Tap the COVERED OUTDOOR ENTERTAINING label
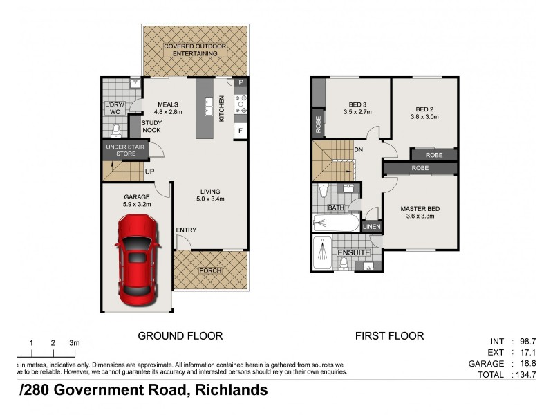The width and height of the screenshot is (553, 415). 194,50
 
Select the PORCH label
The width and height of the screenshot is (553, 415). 209,270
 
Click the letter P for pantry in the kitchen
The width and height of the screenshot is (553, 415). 241,83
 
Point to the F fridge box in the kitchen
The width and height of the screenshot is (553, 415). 241,130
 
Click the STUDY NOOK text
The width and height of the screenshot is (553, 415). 151,127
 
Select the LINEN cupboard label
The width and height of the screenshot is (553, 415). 371,226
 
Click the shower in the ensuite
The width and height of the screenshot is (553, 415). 322,253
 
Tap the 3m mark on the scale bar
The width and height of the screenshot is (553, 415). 74,343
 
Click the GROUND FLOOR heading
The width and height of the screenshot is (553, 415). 180,336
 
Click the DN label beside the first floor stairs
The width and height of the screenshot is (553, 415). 359,149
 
